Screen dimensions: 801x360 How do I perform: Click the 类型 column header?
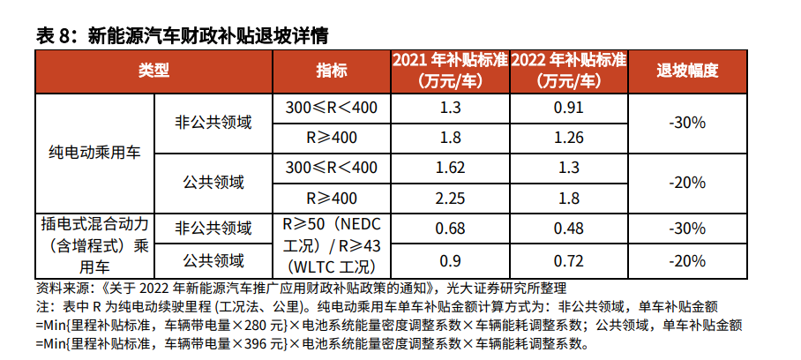[153, 71]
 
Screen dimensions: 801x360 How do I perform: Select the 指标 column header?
[332, 71]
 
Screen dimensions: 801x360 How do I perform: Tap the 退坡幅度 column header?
[687, 71]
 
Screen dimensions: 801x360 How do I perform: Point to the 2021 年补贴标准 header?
[450, 71]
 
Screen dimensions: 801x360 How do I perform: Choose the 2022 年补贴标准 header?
[568, 71]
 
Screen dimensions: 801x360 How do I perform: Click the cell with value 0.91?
[569, 108]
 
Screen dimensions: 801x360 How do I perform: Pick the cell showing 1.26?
[569, 138]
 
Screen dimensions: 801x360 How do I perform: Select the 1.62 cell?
[450, 168]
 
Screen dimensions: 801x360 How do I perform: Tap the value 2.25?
[450, 198]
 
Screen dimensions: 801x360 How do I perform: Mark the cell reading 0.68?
[450, 228]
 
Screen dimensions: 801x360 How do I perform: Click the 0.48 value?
[569, 228]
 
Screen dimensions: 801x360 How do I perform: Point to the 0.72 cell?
[569, 261]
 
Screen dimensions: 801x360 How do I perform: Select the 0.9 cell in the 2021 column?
[450, 261]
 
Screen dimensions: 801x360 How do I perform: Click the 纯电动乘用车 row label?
[94, 153]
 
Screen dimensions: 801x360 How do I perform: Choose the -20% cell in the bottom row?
[687, 261]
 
